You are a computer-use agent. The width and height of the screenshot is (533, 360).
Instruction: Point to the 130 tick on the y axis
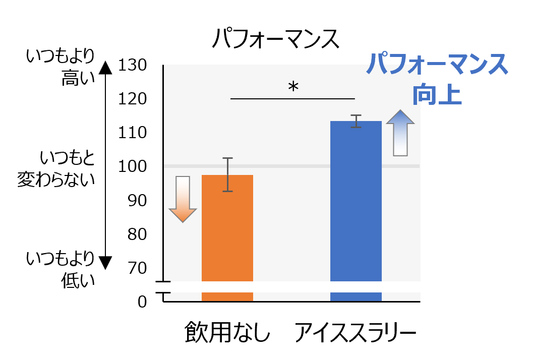[132, 66]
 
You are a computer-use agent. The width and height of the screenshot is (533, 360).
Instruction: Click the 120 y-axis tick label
[132, 99]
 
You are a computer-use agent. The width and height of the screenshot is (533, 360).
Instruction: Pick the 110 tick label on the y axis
[132, 133]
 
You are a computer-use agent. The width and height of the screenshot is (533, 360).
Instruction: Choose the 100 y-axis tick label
[132, 167]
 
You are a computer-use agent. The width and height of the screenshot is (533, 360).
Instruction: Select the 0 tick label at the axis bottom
[142, 302]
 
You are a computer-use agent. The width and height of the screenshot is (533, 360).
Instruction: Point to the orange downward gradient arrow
[183, 199]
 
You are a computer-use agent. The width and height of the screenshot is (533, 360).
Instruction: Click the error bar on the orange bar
[228, 174]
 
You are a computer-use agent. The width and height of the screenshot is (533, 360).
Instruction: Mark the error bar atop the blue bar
[356, 121]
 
